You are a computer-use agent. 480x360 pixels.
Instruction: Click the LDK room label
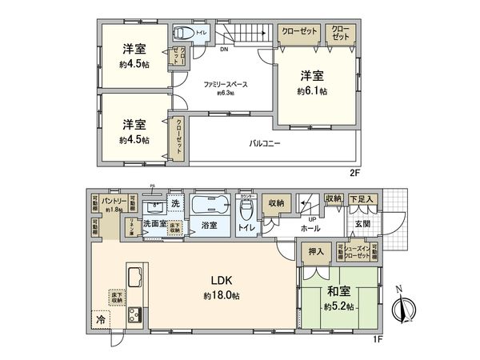click(x=222, y=281)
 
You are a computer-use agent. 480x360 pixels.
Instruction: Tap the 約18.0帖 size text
click(x=222, y=295)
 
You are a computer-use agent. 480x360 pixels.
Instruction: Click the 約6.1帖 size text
click(x=311, y=92)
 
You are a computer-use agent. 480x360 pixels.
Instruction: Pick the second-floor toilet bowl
click(x=182, y=34)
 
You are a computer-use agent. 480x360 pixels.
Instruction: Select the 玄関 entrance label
click(x=362, y=224)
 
